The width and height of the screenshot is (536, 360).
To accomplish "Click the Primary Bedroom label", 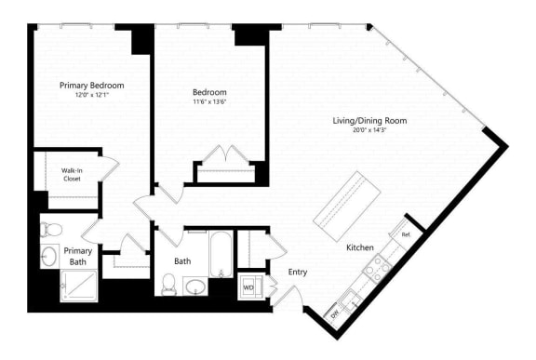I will tap(91, 86).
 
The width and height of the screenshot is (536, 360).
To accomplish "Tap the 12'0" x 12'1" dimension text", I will tap(91, 96).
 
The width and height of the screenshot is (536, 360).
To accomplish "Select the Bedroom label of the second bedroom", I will tap(209, 92).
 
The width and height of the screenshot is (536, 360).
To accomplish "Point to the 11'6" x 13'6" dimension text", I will tap(209, 102).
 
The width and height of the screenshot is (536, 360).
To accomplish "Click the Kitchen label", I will tap(360, 247).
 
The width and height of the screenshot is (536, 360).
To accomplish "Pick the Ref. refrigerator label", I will tap(406, 234).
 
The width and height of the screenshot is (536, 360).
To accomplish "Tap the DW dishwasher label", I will tap(334, 315).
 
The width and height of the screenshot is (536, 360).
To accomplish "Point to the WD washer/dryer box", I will tap(249, 287).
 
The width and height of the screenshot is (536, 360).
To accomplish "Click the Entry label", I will tap(298, 273).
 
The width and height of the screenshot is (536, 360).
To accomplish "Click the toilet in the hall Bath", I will tap(169, 283).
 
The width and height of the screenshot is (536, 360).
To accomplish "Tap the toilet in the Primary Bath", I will tap(51, 228).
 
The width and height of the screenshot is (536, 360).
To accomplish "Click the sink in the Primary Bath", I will tap(49, 256).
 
